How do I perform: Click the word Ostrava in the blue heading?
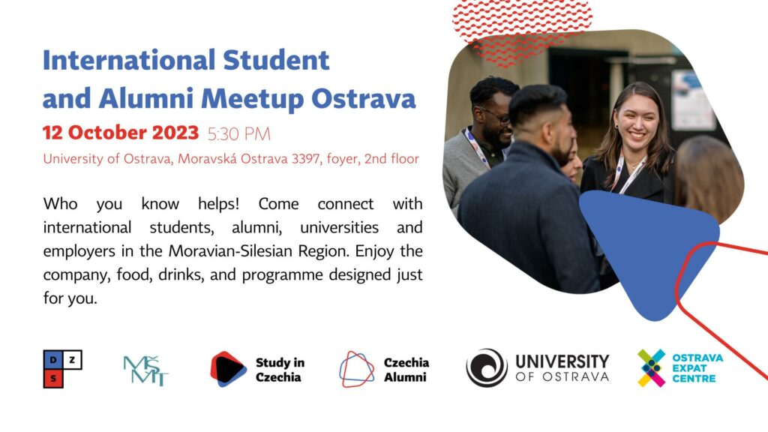(x=364, y=98)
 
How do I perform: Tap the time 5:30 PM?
(x=239, y=133)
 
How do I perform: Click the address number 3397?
(x=306, y=159)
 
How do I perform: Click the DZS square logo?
(x=63, y=369)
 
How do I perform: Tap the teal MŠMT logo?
(x=145, y=370)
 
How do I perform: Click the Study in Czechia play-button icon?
(x=228, y=369)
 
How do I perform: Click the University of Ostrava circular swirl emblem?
(x=486, y=367)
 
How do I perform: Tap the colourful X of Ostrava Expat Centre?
(x=652, y=367)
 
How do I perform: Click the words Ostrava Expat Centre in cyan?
(x=697, y=367)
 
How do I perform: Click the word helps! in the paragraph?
(x=218, y=203)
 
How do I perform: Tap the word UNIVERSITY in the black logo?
(x=562, y=361)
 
